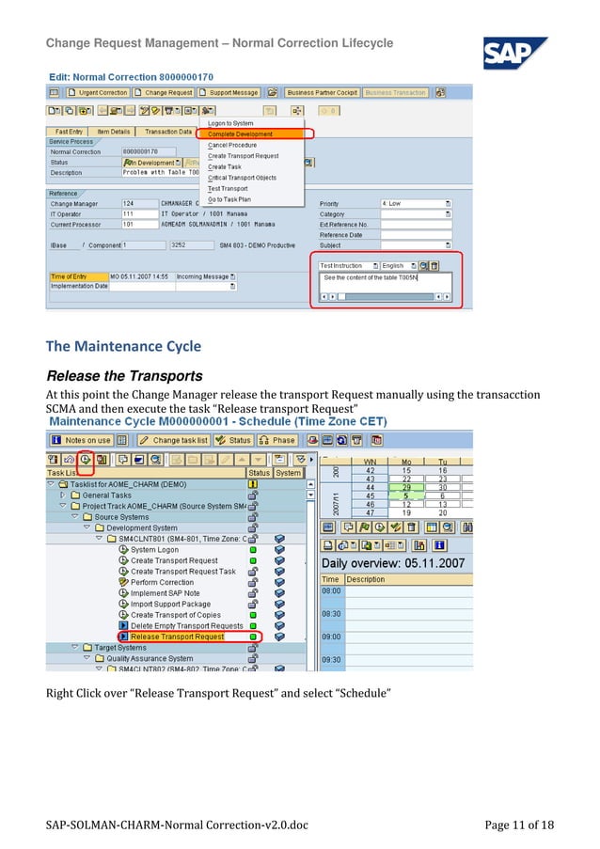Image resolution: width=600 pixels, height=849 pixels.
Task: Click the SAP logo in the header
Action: pyautogui.click(x=514, y=53)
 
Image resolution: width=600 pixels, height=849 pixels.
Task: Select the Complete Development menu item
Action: pyautogui.click(x=241, y=134)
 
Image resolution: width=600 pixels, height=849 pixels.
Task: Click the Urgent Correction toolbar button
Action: pyautogui.click(x=100, y=93)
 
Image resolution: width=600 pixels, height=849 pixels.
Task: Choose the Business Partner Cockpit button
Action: pyautogui.click(x=322, y=93)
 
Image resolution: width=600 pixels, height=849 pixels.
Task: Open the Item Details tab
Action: pyautogui.click(x=114, y=132)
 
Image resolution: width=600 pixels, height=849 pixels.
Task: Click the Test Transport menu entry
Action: pyautogui.click(x=228, y=188)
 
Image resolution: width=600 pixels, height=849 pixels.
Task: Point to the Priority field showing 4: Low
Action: pyautogui.click(x=411, y=203)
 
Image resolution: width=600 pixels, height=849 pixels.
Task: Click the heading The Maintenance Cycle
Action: pyautogui.click(x=124, y=346)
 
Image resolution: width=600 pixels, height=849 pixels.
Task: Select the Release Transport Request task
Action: pyautogui.click(x=178, y=637)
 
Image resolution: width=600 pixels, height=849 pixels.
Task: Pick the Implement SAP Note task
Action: pyautogui.click(x=165, y=593)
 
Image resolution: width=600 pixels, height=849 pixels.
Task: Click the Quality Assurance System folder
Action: pyautogui.click(x=150, y=658)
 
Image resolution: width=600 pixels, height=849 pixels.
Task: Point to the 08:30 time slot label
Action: pyautogui.click(x=330, y=613)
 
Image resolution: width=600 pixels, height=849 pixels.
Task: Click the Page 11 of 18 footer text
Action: pyautogui.click(x=519, y=825)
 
